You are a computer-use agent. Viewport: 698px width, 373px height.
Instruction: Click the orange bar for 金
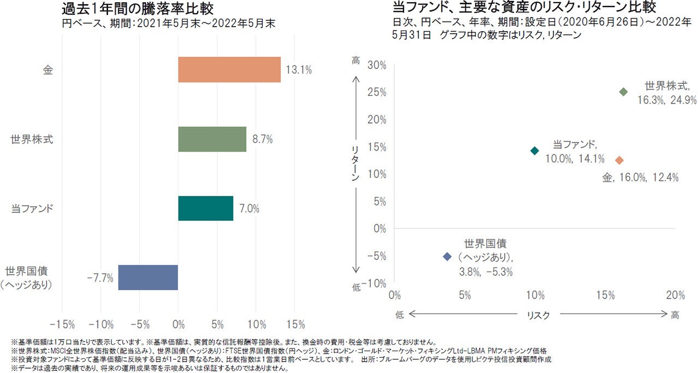click(229, 70)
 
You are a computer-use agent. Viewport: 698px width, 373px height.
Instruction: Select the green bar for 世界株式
click(212, 139)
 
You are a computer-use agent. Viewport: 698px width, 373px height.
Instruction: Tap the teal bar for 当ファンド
click(206, 208)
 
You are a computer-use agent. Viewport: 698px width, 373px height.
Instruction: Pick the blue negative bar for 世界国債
click(148, 278)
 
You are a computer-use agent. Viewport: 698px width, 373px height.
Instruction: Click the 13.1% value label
click(299, 70)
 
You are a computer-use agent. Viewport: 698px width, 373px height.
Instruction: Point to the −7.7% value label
click(100, 278)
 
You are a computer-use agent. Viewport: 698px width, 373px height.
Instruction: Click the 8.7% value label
click(262, 139)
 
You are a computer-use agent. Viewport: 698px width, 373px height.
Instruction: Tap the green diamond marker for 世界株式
click(624, 92)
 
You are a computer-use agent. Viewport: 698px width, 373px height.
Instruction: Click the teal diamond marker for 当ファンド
click(535, 151)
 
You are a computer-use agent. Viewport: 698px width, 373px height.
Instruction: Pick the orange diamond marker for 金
click(619, 160)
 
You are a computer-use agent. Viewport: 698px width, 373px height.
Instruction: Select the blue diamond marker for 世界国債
click(448, 256)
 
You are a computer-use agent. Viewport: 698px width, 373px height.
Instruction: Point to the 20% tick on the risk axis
click(676, 296)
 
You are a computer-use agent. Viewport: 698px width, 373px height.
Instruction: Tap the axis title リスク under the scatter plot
click(538, 315)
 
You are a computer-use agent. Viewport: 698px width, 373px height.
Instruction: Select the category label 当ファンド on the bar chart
click(32, 208)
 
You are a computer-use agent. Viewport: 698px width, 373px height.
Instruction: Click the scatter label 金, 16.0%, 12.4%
click(640, 178)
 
